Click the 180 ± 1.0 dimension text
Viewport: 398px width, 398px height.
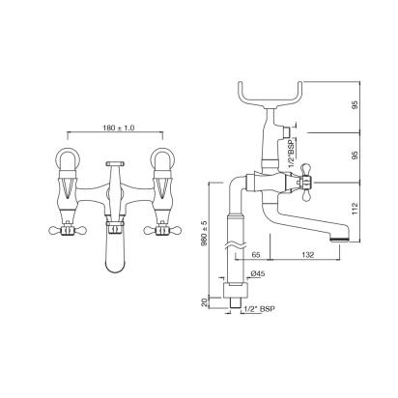click(x=119, y=128)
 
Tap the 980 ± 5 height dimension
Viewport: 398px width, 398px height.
click(x=205, y=234)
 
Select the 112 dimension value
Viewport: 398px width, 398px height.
click(x=355, y=209)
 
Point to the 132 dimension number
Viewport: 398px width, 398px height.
click(x=308, y=255)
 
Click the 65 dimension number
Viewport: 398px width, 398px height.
click(x=256, y=255)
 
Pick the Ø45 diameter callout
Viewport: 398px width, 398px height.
click(x=257, y=273)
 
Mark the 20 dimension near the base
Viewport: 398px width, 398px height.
click(x=204, y=302)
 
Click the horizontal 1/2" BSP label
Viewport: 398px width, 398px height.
click(x=260, y=309)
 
